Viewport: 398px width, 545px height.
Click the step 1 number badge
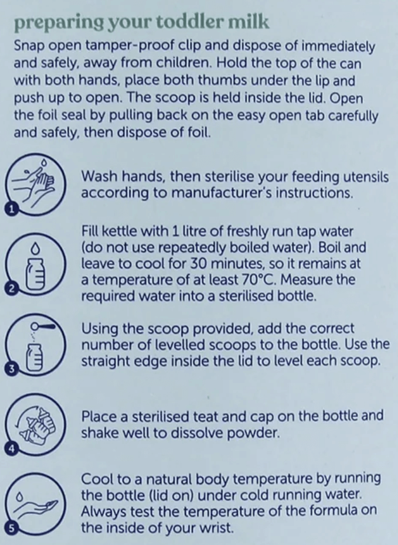(x=11, y=209)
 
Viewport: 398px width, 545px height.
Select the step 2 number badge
(x=11, y=288)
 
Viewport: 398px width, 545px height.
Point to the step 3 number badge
(x=11, y=369)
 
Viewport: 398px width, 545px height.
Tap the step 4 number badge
(x=11, y=449)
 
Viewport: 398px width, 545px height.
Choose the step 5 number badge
(x=11, y=528)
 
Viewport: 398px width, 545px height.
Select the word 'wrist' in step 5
(x=216, y=528)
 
